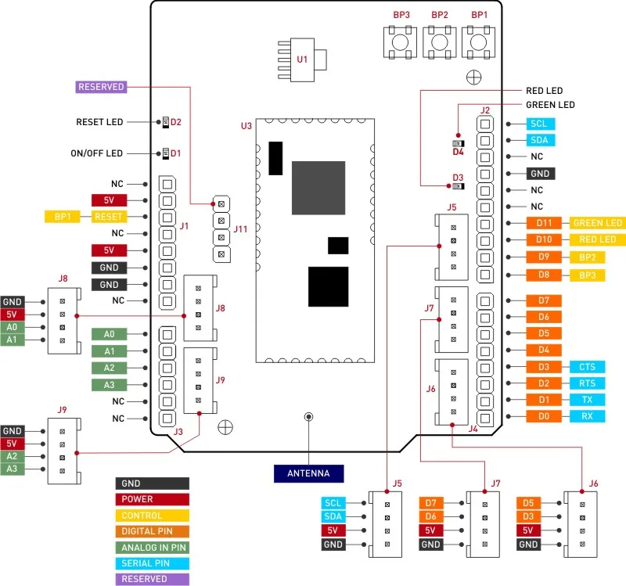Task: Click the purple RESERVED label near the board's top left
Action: pos(101,87)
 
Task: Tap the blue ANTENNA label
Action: pos(308,473)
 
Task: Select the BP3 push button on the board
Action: pos(400,42)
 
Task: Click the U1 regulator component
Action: pos(302,60)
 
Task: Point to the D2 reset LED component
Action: pos(166,122)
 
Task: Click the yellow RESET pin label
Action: pos(109,217)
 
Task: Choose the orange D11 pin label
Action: pos(544,223)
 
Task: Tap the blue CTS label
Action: pos(588,367)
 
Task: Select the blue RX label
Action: pos(588,416)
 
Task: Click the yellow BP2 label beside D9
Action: pos(588,257)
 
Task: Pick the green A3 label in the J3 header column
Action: pos(109,385)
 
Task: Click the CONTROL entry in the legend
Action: pos(153,516)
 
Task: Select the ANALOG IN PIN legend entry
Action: pos(153,548)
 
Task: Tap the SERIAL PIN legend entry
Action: pos(153,563)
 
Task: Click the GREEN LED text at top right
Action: pos(550,105)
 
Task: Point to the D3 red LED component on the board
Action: pos(459,186)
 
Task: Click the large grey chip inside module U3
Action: pos(318,188)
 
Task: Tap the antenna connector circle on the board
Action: pos(308,417)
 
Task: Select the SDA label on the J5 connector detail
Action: pos(333,516)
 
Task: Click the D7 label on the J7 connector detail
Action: pos(431,503)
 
